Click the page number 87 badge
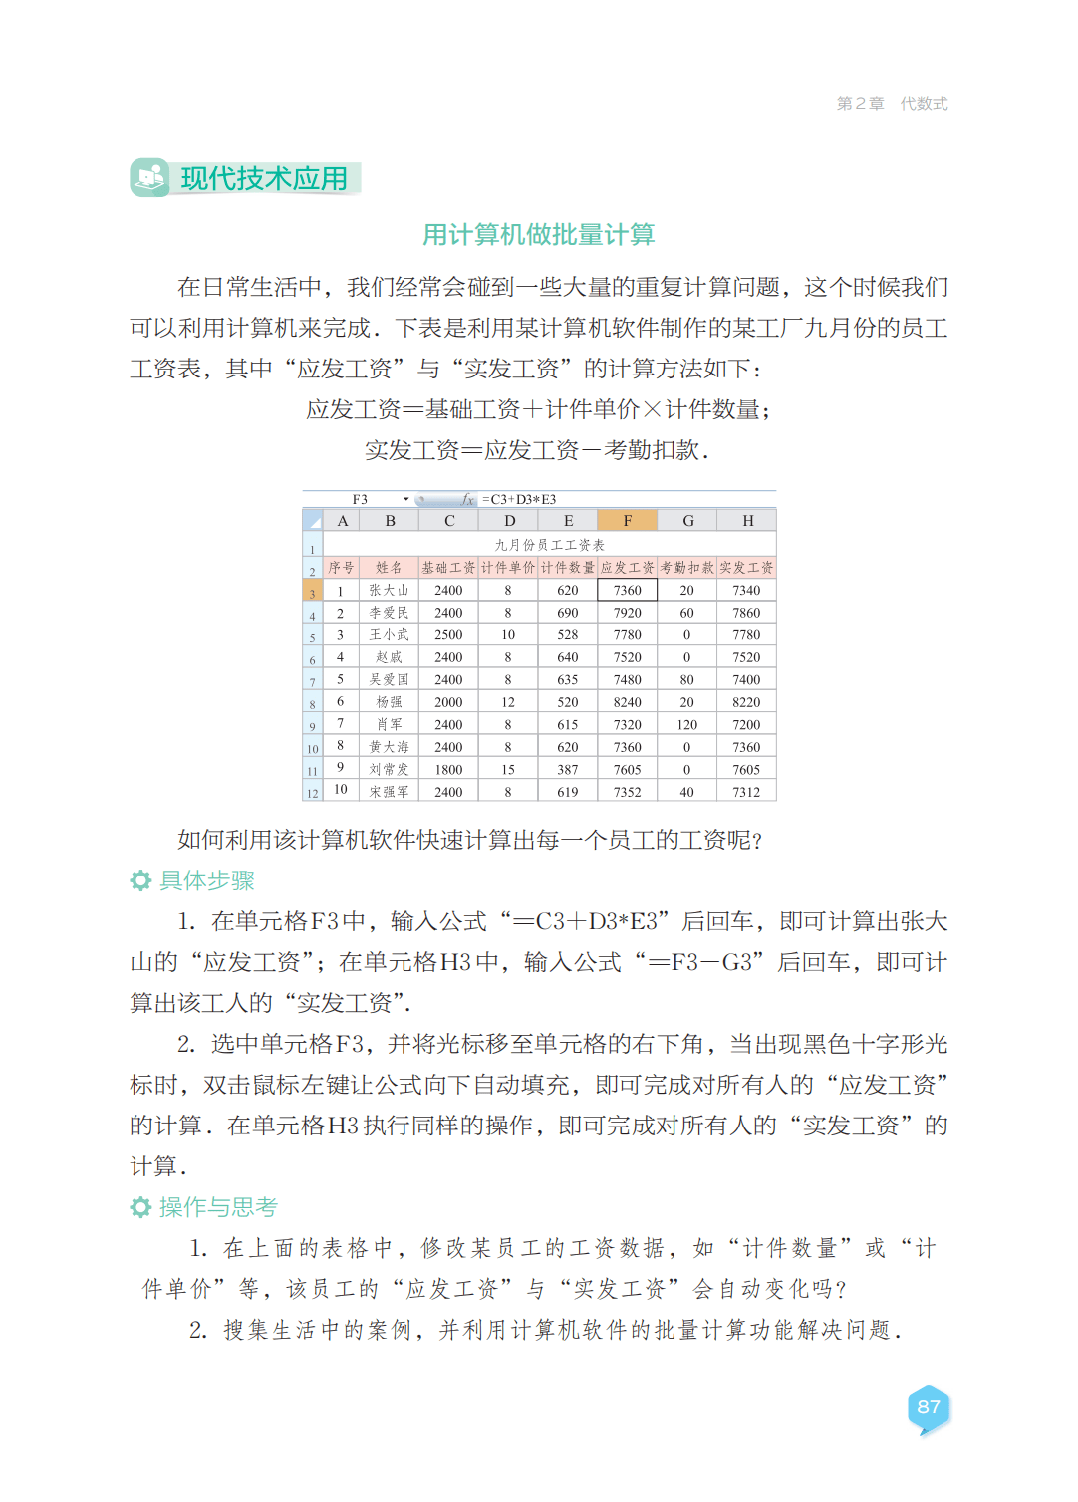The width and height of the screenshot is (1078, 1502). point(929,1408)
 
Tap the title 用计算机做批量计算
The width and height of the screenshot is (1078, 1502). point(538,235)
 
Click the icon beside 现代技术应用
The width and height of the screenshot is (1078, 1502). point(150,178)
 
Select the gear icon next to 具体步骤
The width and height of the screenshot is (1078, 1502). point(140,880)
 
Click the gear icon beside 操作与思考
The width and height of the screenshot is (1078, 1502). point(140,1207)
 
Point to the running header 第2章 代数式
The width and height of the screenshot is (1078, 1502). point(892,104)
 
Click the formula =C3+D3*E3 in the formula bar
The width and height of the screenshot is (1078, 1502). point(519,500)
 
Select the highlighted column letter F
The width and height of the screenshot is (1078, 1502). point(628,521)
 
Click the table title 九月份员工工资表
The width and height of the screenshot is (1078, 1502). point(550,545)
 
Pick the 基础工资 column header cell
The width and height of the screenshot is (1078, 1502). point(448,568)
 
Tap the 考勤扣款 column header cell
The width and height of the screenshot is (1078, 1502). point(687,568)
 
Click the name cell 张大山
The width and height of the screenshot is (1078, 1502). point(389,591)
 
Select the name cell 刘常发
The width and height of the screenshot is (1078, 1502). point(389,770)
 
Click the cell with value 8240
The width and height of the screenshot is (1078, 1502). point(628,702)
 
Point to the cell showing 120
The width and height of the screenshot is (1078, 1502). point(687,725)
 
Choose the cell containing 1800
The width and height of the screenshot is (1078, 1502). point(448,770)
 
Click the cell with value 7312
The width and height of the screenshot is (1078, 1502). point(746,793)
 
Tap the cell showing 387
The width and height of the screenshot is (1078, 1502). point(568,770)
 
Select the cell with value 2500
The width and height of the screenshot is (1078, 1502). point(448,635)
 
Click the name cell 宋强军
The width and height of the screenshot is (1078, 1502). point(389,793)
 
